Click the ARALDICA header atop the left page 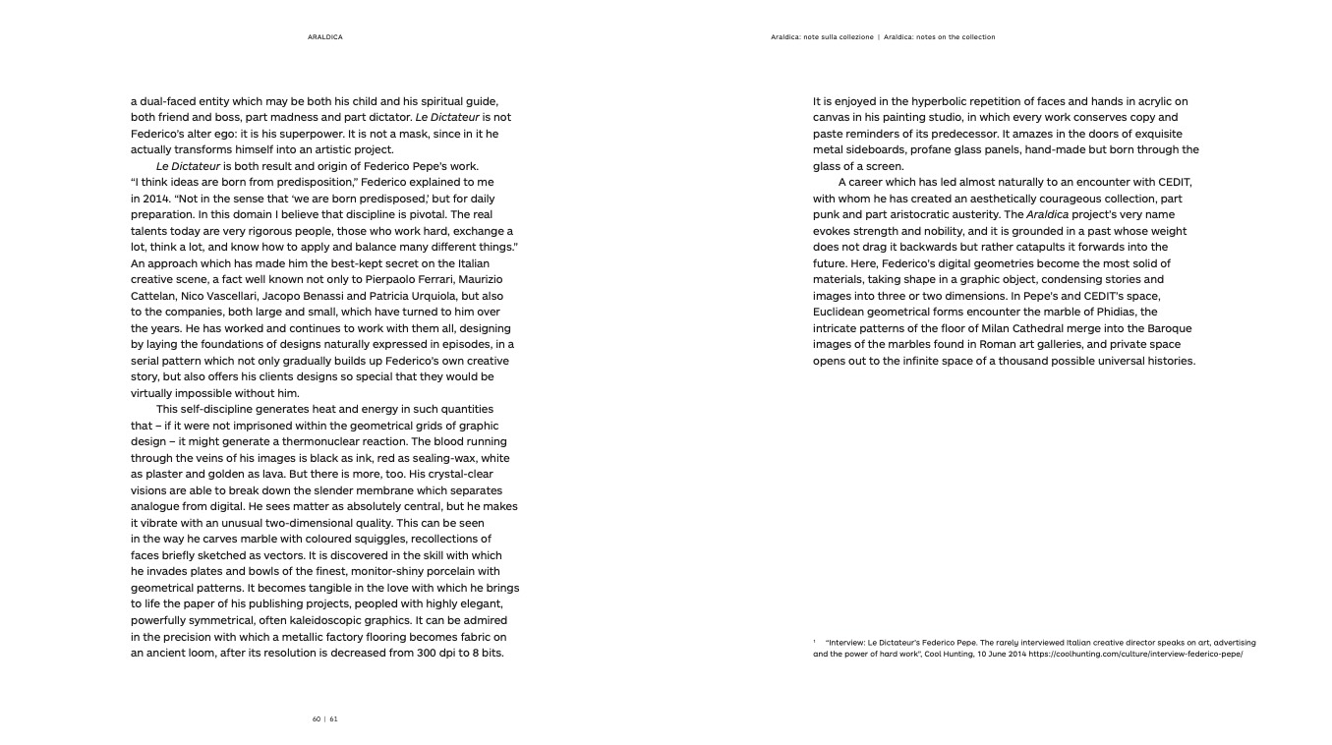(x=324, y=37)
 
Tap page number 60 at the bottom (x=317, y=718)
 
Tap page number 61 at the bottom (x=334, y=718)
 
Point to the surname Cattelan (x=154, y=296)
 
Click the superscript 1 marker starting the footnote (x=815, y=641)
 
